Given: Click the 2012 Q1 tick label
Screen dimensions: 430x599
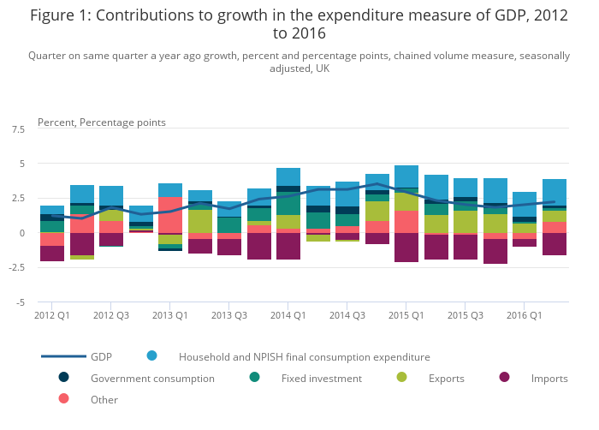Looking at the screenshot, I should [x=52, y=315].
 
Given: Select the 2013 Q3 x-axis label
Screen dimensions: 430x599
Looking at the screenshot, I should [x=228, y=315].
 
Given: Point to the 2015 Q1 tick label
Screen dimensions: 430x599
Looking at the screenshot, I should [x=406, y=315].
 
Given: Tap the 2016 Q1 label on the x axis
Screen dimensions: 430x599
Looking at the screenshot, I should [x=524, y=315].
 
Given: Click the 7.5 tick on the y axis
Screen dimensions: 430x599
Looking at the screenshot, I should [x=17, y=129].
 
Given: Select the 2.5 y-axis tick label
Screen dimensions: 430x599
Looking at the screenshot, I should [x=17, y=199].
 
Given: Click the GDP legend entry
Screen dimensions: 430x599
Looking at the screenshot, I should [x=101, y=356].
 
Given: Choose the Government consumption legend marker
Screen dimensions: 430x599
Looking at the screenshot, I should [x=63, y=377].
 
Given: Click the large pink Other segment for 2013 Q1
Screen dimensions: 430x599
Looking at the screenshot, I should [x=170, y=215].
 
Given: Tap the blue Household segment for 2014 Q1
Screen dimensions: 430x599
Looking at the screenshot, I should [x=288, y=176].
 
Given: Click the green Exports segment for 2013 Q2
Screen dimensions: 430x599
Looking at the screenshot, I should [x=199, y=221].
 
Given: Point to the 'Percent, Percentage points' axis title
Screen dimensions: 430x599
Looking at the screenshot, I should [x=102, y=122].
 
